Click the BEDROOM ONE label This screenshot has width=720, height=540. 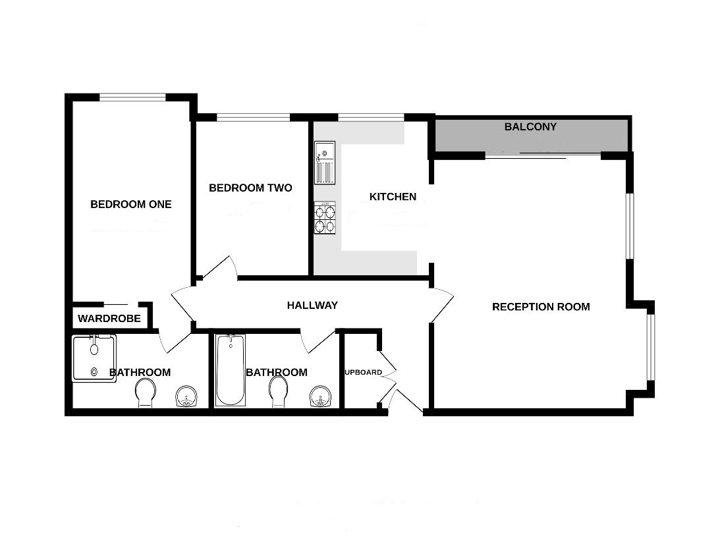[x=130, y=204]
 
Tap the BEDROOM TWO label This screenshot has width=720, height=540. [x=250, y=188]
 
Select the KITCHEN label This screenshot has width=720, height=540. [x=393, y=197]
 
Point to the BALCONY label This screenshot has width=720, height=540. [x=530, y=126]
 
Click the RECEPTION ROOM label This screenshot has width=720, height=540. [x=541, y=307]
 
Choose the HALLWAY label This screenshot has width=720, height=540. [x=312, y=306]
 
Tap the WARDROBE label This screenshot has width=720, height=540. [x=109, y=319]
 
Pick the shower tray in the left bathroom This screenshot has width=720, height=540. [x=94, y=358]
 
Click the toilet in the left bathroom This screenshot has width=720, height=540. [x=146, y=393]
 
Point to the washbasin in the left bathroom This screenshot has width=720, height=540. [x=186, y=397]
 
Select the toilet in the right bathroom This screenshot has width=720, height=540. [x=278, y=393]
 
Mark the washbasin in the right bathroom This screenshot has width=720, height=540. [x=319, y=397]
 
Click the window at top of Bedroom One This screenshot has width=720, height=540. [x=132, y=97]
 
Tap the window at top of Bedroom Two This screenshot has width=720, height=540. [x=253, y=118]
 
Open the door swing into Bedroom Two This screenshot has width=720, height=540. [x=219, y=270]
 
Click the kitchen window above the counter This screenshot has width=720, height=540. [x=371, y=118]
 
